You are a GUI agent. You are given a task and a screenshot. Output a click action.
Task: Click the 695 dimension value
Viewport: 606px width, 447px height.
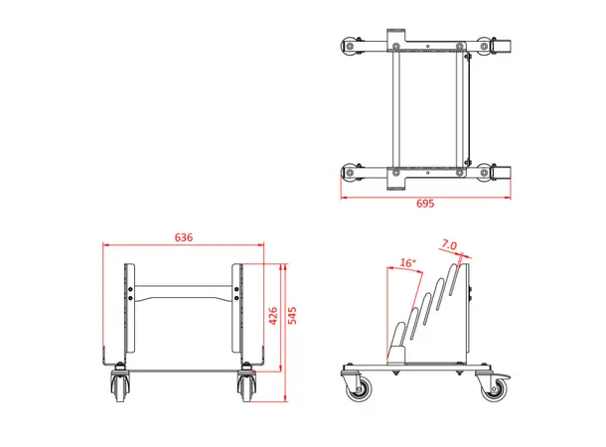click(x=425, y=203)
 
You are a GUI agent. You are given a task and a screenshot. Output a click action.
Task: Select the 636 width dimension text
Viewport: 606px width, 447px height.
click(x=184, y=237)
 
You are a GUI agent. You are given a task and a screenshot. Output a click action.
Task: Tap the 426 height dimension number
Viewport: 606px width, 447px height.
click(x=273, y=316)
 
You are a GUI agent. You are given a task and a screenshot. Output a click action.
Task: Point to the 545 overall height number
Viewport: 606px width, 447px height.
click(x=293, y=316)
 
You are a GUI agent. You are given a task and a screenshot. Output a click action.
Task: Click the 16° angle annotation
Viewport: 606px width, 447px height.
click(x=406, y=263)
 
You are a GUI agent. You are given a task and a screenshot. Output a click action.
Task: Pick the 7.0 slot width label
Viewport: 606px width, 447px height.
click(x=448, y=244)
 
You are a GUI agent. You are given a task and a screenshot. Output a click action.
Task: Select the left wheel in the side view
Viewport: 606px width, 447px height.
click(x=357, y=388)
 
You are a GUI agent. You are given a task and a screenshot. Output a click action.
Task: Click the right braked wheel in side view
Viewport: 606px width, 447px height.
click(x=493, y=388)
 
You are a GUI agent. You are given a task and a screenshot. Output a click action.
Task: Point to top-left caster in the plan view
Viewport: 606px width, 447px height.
click(x=350, y=46)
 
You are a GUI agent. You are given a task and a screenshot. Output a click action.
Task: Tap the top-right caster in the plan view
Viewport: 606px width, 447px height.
click(x=486, y=46)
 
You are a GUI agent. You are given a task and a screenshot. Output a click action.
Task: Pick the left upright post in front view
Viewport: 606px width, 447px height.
click(x=127, y=313)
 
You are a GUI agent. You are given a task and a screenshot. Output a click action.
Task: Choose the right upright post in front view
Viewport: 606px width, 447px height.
click(x=238, y=313)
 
